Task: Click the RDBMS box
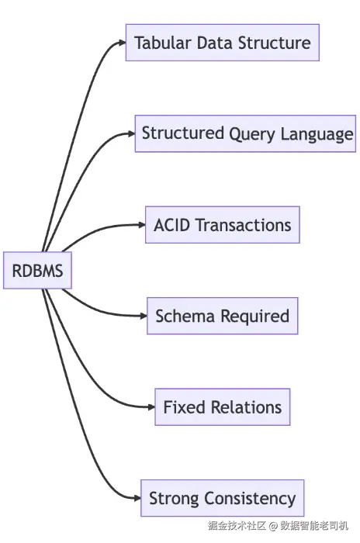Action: (x=37, y=271)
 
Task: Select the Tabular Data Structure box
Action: (x=223, y=43)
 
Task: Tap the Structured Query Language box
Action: (x=245, y=133)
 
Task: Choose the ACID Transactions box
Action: (x=223, y=225)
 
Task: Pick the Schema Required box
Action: (x=223, y=316)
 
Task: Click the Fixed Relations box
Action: (x=223, y=407)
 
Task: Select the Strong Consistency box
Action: (x=223, y=498)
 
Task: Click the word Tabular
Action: (x=163, y=43)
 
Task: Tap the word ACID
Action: (x=172, y=225)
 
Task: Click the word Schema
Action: (x=185, y=316)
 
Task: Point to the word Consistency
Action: (x=250, y=499)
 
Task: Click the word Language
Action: (x=317, y=135)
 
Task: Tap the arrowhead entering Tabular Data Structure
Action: (x=123, y=43)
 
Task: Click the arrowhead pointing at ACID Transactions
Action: (x=142, y=225)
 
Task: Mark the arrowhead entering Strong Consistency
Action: (x=137, y=498)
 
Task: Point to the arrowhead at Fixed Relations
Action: (x=151, y=407)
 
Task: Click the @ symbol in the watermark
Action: (x=273, y=526)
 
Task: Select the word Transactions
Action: (x=244, y=225)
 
